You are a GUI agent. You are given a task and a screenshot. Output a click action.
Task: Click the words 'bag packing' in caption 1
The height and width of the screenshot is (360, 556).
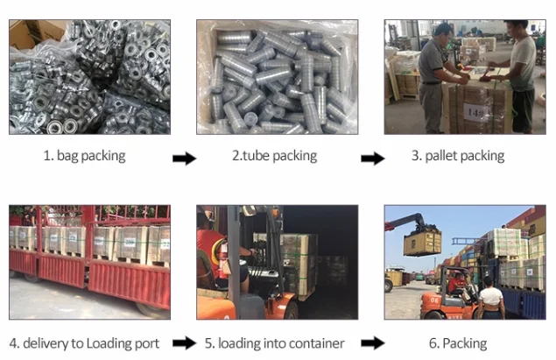pos(91,157)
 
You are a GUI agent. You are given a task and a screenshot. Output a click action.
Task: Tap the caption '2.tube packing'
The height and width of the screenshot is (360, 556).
pos(274,157)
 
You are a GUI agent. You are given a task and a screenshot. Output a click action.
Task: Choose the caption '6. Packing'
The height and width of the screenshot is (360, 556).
pos(464,342)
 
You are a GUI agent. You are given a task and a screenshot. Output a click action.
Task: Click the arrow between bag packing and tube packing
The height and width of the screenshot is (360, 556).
pos(184,159)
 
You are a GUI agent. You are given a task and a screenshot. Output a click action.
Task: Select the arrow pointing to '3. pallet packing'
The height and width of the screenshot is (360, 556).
pos(373,159)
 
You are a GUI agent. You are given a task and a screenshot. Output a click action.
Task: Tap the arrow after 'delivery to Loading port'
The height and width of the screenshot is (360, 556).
pos(184,343)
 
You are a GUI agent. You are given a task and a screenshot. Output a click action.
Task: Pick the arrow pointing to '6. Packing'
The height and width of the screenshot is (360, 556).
pos(373,343)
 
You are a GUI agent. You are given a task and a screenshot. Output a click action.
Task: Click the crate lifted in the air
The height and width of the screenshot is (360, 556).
pos(422,242)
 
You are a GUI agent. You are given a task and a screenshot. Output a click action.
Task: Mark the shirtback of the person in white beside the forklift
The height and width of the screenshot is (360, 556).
pos(490,299)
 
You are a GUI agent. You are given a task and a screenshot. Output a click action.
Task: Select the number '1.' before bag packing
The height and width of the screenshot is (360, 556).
pos(48,157)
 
